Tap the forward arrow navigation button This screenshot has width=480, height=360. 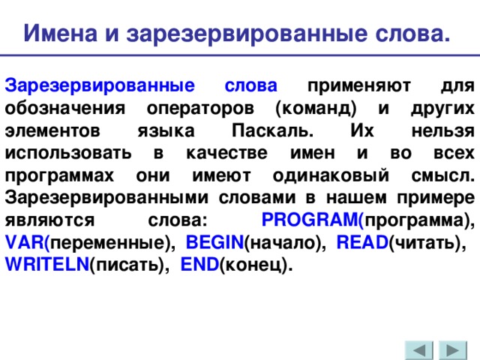[x=453, y=351]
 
